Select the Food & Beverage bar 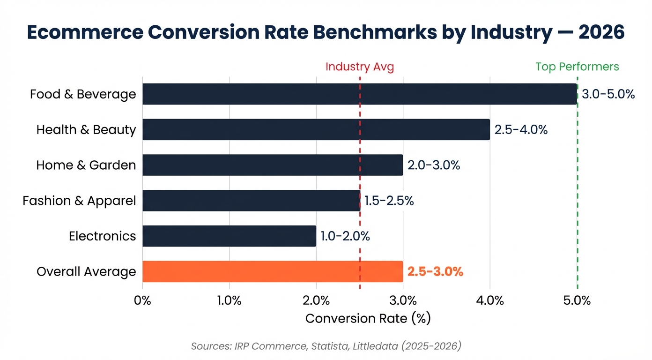click(x=359, y=94)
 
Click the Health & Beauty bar click(x=316, y=129)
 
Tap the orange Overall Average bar click(x=273, y=271)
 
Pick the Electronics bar click(x=229, y=236)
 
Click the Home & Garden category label click(x=86, y=165)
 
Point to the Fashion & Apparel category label click(x=79, y=201)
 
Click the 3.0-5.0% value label click(x=608, y=94)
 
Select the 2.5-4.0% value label click(x=521, y=130)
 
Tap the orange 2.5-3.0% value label click(x=435, y=271)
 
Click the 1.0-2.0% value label click(x=345, y=236)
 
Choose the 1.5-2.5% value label click(x=389, y=201)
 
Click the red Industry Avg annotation click(x=360, y=67)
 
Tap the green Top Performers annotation click(x=577, y=67)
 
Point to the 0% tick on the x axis click(x=142, y=300)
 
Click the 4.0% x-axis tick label click(x=490, y=300)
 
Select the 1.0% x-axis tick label click(x=229, y=300)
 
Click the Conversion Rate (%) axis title click(x=368, y=319)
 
